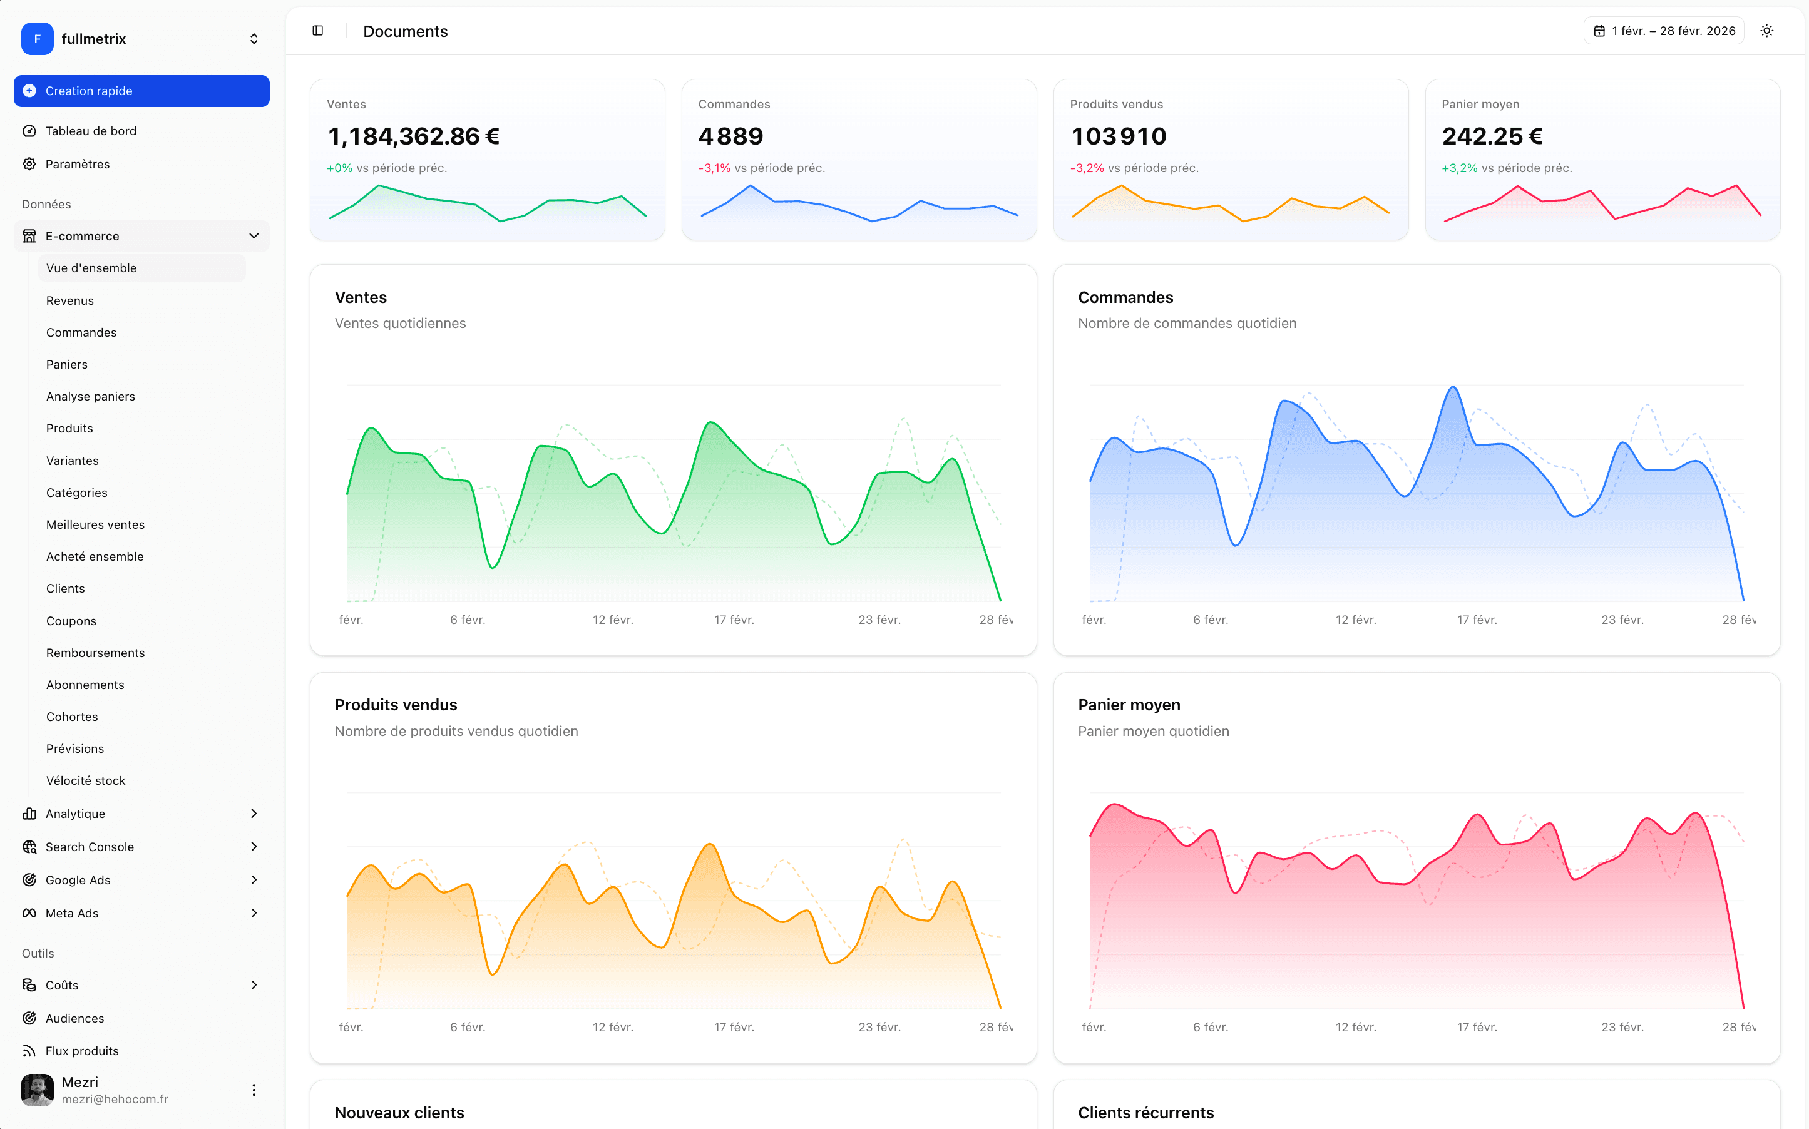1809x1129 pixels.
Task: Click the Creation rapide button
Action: (x=141, y=91)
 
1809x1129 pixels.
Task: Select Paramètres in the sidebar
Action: (x=77, y=164)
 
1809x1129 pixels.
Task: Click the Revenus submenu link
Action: (x=69, y=300)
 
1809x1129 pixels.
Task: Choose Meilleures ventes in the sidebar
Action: (x=95, y=524)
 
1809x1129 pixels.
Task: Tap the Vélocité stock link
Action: (x=85, y=780)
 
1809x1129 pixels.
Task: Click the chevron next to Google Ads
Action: (x=254, y=879)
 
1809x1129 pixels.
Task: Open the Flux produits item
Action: (x=81, y=1051)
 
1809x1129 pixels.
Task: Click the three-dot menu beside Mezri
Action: (x=254, y=1090)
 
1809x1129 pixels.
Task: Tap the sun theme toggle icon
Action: (x=1766, y=31)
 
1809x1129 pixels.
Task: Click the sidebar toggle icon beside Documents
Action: (x=317, y=31)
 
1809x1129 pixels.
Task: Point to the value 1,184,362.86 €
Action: (x=414, y=136)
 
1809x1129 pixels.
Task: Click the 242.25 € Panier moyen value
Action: (x=1491, y=136)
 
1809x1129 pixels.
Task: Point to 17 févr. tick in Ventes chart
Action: (x=733, y=620)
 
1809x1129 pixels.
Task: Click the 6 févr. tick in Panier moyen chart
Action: (x=1209, y=1027)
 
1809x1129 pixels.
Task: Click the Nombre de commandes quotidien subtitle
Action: (x=1186, y=324)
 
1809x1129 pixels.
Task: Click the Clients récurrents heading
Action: (x=1145, y=1113)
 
